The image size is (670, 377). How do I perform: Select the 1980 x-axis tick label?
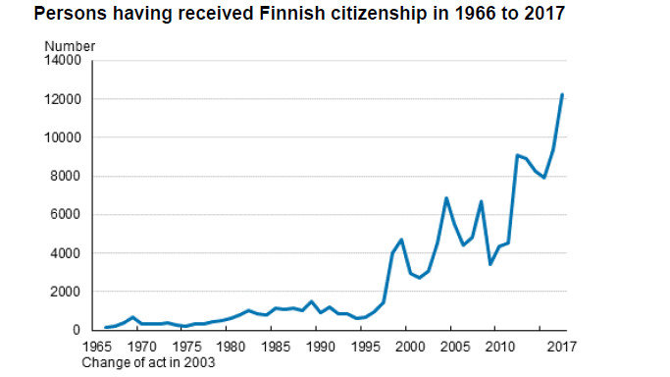(229, 346)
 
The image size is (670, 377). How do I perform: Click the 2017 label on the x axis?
(561, 346)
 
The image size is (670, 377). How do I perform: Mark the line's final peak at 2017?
(561, 94)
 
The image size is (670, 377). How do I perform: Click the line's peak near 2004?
(446, 198)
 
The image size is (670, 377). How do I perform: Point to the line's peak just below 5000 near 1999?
(402, 240)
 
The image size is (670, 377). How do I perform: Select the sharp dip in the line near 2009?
(490, 264)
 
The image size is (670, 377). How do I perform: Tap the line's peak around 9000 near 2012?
(517, 155)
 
